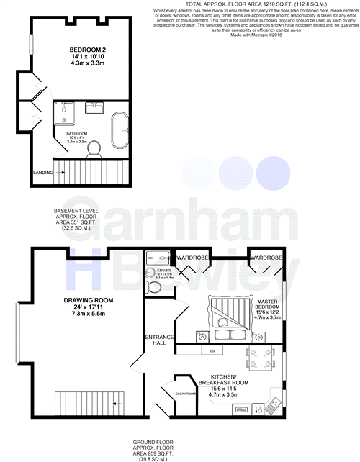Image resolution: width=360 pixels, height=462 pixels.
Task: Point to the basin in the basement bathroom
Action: point(94,108)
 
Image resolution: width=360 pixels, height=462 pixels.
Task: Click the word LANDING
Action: point(43,173)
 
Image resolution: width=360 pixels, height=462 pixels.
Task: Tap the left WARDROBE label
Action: point(194,257)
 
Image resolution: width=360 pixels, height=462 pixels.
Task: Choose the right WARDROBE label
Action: point(266,257)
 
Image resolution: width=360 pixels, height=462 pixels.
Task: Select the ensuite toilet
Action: point(153,288)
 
